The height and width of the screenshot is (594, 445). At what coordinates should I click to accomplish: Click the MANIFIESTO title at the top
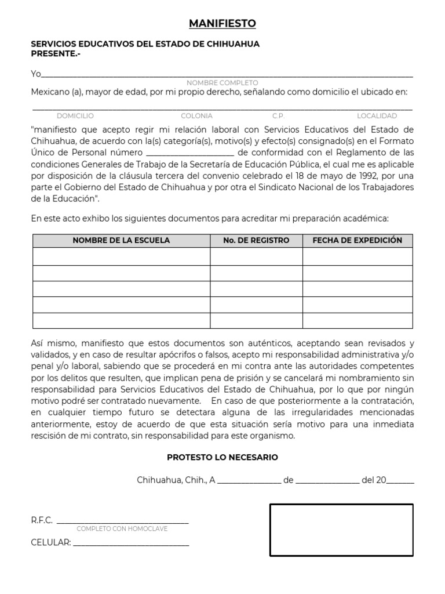(x=222, y=23)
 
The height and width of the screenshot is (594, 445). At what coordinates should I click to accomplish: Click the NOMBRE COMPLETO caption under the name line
(x=222, y=83)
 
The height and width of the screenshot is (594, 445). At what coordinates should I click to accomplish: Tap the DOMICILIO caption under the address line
(x=75, y=116)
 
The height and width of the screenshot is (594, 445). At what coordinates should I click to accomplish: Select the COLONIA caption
(x=196, y=116)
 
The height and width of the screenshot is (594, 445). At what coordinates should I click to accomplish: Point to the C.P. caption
(x=278, y=116)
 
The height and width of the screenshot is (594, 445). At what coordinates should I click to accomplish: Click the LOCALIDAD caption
(x=377, y=116)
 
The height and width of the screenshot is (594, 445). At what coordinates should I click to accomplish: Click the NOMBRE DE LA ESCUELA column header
(x=121, y=241)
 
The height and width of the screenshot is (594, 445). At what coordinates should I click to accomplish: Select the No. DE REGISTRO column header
(x=256, y=241)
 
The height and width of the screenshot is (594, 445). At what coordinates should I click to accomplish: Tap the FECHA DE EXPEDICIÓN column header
(x=357, y=241)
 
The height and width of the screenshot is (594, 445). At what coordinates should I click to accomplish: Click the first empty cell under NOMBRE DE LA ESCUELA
(x=121, y=256)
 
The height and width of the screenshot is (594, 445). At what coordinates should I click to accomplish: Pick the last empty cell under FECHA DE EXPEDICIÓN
(x=357, y=320)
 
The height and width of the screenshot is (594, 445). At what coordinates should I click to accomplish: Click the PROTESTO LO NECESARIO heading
(x=222, y=457)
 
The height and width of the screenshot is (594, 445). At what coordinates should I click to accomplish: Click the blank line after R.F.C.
(x=122, y=521)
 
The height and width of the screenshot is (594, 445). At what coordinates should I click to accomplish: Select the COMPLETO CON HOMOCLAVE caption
(x=122, y=529)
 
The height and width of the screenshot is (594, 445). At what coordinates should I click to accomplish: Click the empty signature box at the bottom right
(x=341, y=530)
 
